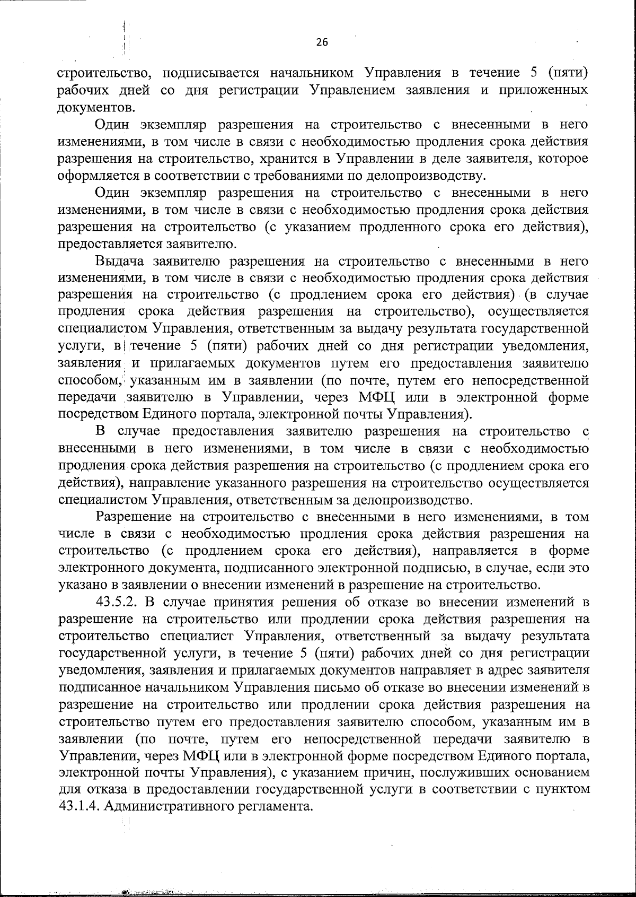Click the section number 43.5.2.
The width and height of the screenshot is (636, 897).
pos(117,602)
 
